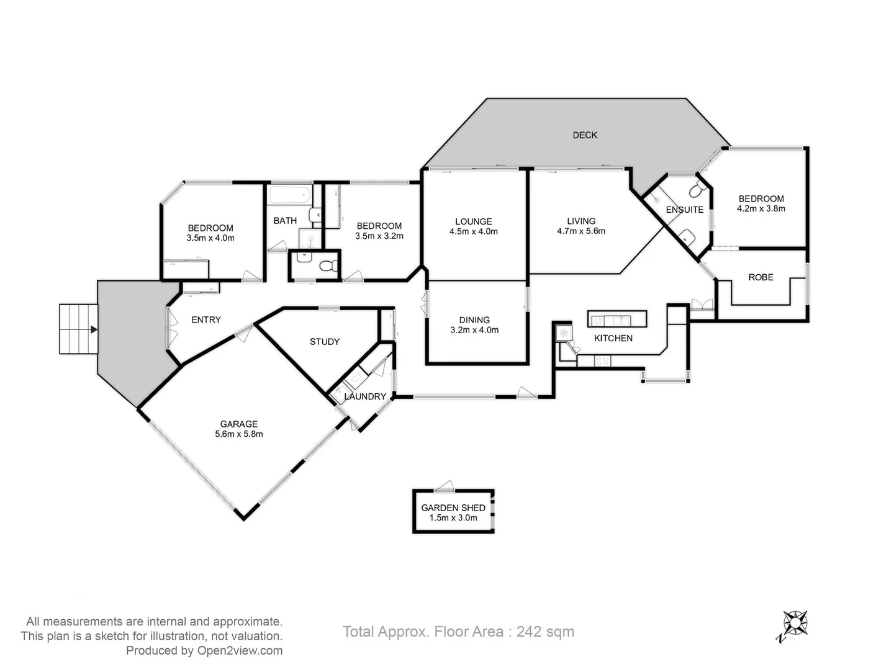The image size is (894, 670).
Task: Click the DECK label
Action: point(584,135)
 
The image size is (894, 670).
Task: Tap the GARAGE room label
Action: point(238,424)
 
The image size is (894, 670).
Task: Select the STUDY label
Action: point(324,342)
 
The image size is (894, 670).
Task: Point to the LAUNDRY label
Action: point(365,396)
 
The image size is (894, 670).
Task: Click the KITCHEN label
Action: point(613,338)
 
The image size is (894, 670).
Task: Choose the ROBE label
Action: point(761,277)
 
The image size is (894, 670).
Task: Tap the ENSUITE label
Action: point(684,210)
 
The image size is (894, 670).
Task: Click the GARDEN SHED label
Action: point(453,507)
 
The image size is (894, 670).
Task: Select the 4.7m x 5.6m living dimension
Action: point(581,231)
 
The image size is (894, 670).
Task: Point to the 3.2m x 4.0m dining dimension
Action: point(474,330)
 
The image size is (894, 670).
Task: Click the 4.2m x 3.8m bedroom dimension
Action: point(761,208)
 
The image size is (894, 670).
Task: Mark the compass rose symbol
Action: point(794,623)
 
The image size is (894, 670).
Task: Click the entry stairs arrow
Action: point(93,330)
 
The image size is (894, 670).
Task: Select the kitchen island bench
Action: point(616,319)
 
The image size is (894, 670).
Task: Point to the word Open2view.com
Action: point(240,651)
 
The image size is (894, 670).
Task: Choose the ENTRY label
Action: point(205,320)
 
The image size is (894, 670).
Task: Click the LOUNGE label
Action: point(473,221)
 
